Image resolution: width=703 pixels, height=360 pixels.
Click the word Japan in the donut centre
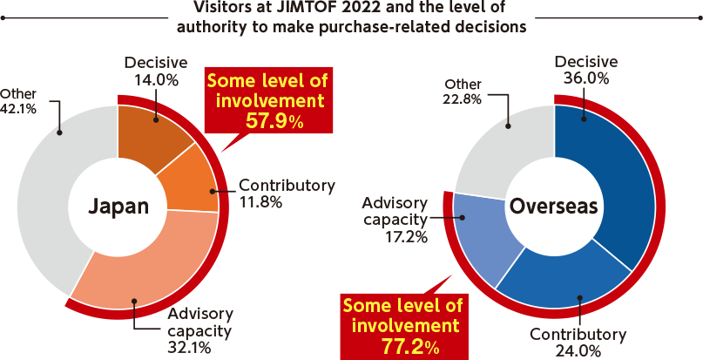click(118, 207)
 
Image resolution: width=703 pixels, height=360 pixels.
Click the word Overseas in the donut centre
click(554, 207)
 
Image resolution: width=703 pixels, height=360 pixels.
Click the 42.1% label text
click(18, 109)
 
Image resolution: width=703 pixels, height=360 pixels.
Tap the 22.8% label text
click(463, 98)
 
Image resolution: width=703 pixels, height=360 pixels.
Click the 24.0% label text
click(578, 350)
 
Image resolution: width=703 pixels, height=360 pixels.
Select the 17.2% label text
click(406, 236)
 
